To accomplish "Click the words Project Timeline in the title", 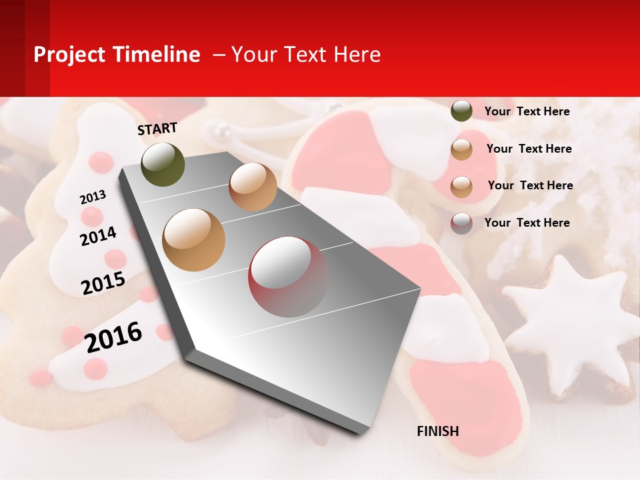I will click(x=117, y=55).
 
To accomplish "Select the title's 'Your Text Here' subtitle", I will click(x=306, y=55).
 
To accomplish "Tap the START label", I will click(x=157, y=129).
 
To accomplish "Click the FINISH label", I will click(x=437, y=431).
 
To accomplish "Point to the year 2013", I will click(x=93, y=197).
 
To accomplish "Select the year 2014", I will click(x=98, y=236).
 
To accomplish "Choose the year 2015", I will click(x=103, y=283).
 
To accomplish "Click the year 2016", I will click(x=113, y=337).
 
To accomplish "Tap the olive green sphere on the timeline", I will click(x=163, y=165).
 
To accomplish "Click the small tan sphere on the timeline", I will click(x=253, y=187).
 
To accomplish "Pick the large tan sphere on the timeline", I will click(x=194, y=240).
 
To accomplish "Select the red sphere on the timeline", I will click(x=288, y=277).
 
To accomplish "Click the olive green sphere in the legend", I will click(x=461, y=111).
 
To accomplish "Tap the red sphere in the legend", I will click(x=461, y=223).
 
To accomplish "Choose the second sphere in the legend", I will click(x=461, y=149).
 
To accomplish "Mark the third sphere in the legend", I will click(x=461, y=187).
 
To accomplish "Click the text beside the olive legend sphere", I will click(x=527, y=111).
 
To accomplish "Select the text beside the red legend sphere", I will click(x=527, y=223).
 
